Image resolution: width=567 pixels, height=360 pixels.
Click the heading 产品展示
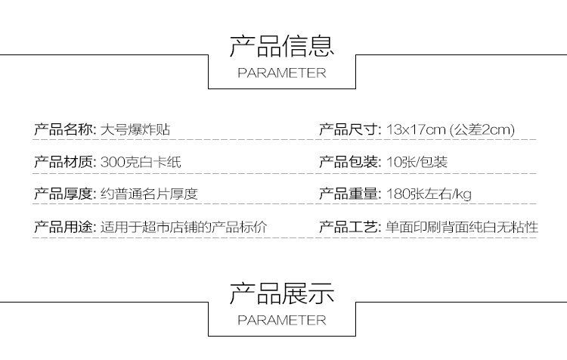(282, 292)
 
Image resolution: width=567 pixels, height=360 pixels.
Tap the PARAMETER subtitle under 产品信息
(282, 73)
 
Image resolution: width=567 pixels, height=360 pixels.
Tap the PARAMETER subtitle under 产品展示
(282, 320)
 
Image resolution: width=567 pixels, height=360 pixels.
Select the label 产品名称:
(64, 129)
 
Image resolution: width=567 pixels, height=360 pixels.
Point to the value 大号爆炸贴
(135, 129)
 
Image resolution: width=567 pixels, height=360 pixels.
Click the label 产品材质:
(64, 162)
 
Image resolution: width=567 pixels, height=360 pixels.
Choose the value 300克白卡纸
(141, 162)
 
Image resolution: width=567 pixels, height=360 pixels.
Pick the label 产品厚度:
(64, 194)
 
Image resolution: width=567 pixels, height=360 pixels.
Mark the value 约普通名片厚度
(149, 194)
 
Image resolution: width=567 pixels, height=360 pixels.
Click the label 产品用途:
(64, 227)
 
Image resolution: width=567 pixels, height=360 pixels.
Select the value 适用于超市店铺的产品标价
(184, 227)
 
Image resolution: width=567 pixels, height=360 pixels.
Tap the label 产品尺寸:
(349, 129)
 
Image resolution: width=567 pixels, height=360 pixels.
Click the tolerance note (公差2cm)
(482, 129)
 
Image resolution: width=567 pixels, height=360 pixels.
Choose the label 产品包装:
(349, 162)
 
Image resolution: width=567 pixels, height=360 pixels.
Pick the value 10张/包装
(417, 162)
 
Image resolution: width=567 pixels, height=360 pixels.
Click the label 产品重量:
(349, 194)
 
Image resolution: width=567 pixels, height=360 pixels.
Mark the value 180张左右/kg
(429, 194)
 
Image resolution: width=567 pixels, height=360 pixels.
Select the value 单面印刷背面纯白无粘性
(461, 227)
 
